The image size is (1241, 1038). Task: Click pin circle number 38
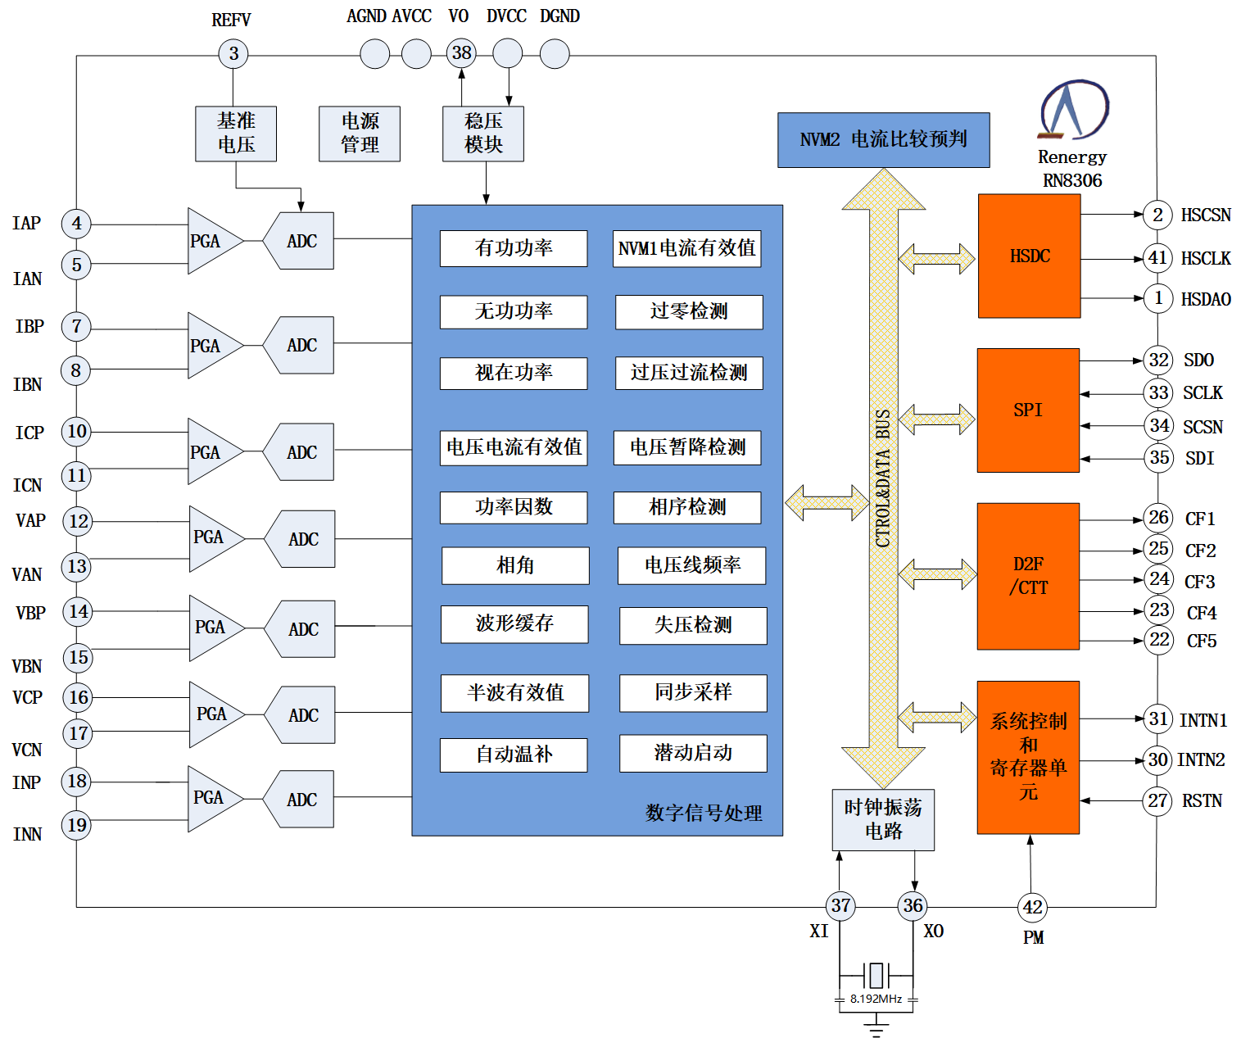click(x=462, y=54)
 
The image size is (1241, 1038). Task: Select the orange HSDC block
click(x=1029, y=256)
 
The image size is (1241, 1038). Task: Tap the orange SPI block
click(x=1028, y=410)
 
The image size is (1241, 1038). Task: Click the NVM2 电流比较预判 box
click(x=883, y=140)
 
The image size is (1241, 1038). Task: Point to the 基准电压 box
click(x=236, y=134)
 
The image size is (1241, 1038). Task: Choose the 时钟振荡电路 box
click(x=883, y=819)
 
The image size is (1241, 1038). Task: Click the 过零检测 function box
click(x=689, y=311)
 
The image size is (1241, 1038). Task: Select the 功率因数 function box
click(x=514, y=507)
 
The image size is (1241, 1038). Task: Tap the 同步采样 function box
click(x=693, y=692)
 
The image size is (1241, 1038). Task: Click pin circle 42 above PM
click(x=1032, y=907)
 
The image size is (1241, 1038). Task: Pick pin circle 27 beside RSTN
click(x=1157, y=800)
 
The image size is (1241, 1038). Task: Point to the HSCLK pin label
click(x=1205, y=259)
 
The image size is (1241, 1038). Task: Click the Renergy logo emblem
click(x=1073, y=110)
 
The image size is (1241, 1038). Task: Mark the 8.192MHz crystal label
click(x=876, y=999)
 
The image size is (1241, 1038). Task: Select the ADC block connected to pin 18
click(x=301, y=799)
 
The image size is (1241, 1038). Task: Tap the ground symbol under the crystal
click(x=876, y=1025)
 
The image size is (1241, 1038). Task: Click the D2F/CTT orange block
click(x=1028, y=576)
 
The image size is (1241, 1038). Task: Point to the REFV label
click(x=231, y=20)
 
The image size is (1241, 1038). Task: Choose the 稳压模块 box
click(x=483, y=134)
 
